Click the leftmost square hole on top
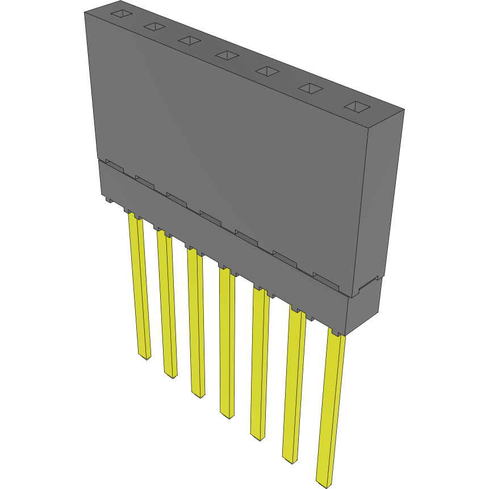pos(121,14)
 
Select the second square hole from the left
pos(154,26)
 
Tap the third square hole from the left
pos(189,40)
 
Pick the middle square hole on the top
pos(227,55)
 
